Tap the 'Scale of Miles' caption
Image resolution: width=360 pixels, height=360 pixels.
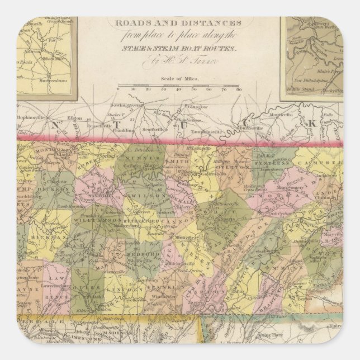(x=178, y=79)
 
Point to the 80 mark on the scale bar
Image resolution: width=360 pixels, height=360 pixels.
(x=239, y=89)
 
